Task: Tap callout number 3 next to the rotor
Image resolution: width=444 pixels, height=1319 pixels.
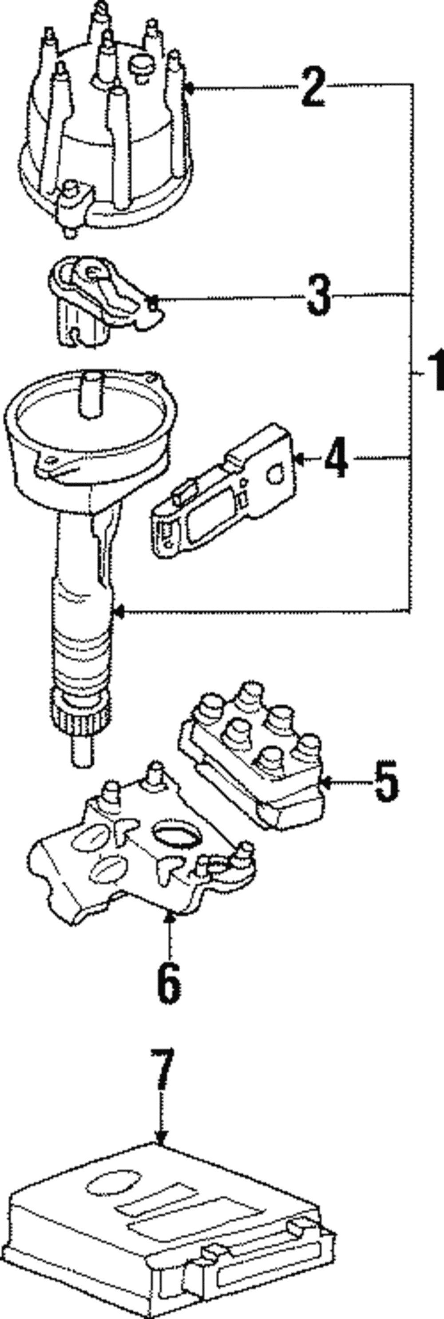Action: (318, 296)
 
